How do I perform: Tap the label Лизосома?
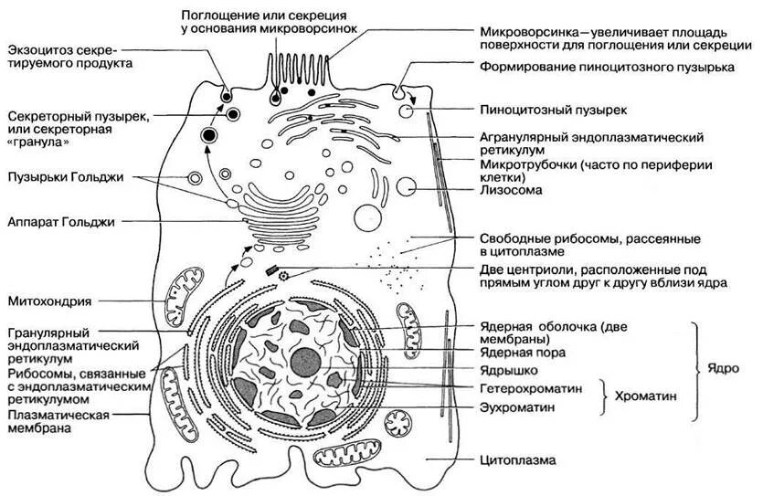click(511, 191)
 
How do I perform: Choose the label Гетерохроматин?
click(531, 388)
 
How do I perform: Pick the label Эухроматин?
click(517, 406)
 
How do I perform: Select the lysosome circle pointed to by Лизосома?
click(405, 188)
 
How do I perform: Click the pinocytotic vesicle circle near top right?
click(405, 111)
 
